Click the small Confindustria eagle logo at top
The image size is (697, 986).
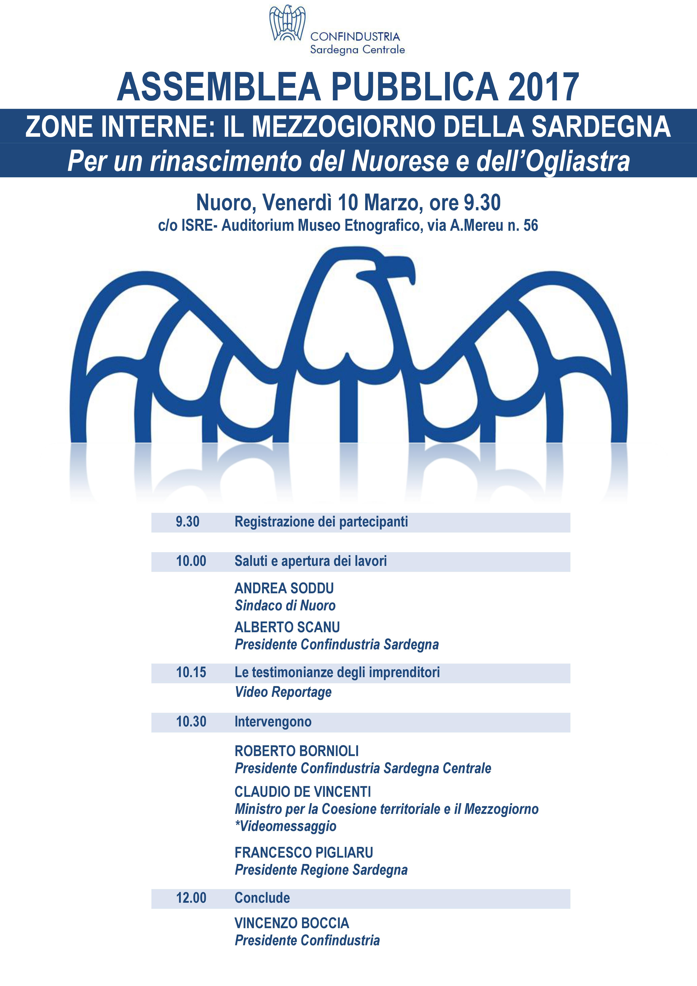[x=287, y=24]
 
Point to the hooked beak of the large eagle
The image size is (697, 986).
[x=403, y=268]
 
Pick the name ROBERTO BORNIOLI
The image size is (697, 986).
[x=297, y=751]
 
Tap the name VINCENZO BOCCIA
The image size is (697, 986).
[x=292, y=923]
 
